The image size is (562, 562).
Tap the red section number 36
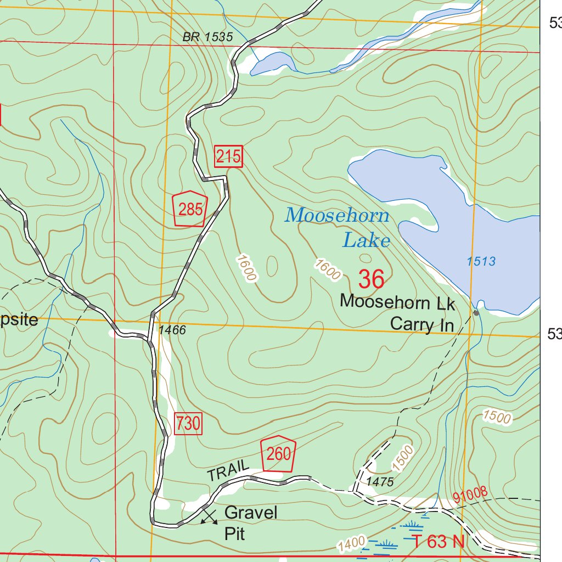[371, 280]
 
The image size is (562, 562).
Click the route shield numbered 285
[190, 209]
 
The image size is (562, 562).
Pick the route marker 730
[188, 424]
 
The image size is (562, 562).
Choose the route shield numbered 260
[278, 454]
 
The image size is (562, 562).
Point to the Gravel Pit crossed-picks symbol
[208, 516]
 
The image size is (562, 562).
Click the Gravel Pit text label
[251, 522]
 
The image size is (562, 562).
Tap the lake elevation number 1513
[481, 262]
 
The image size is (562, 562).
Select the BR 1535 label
[208, 37]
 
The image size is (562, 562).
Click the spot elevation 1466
[172, 330]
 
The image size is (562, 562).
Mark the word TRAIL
[228, 472]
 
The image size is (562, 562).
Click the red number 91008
[470, 496]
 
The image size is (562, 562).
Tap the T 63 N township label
[439, 542]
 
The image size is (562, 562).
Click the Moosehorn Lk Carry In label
[397, 313]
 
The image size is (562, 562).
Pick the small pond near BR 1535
[271, 62]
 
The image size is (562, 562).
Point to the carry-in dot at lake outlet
[476, 312]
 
